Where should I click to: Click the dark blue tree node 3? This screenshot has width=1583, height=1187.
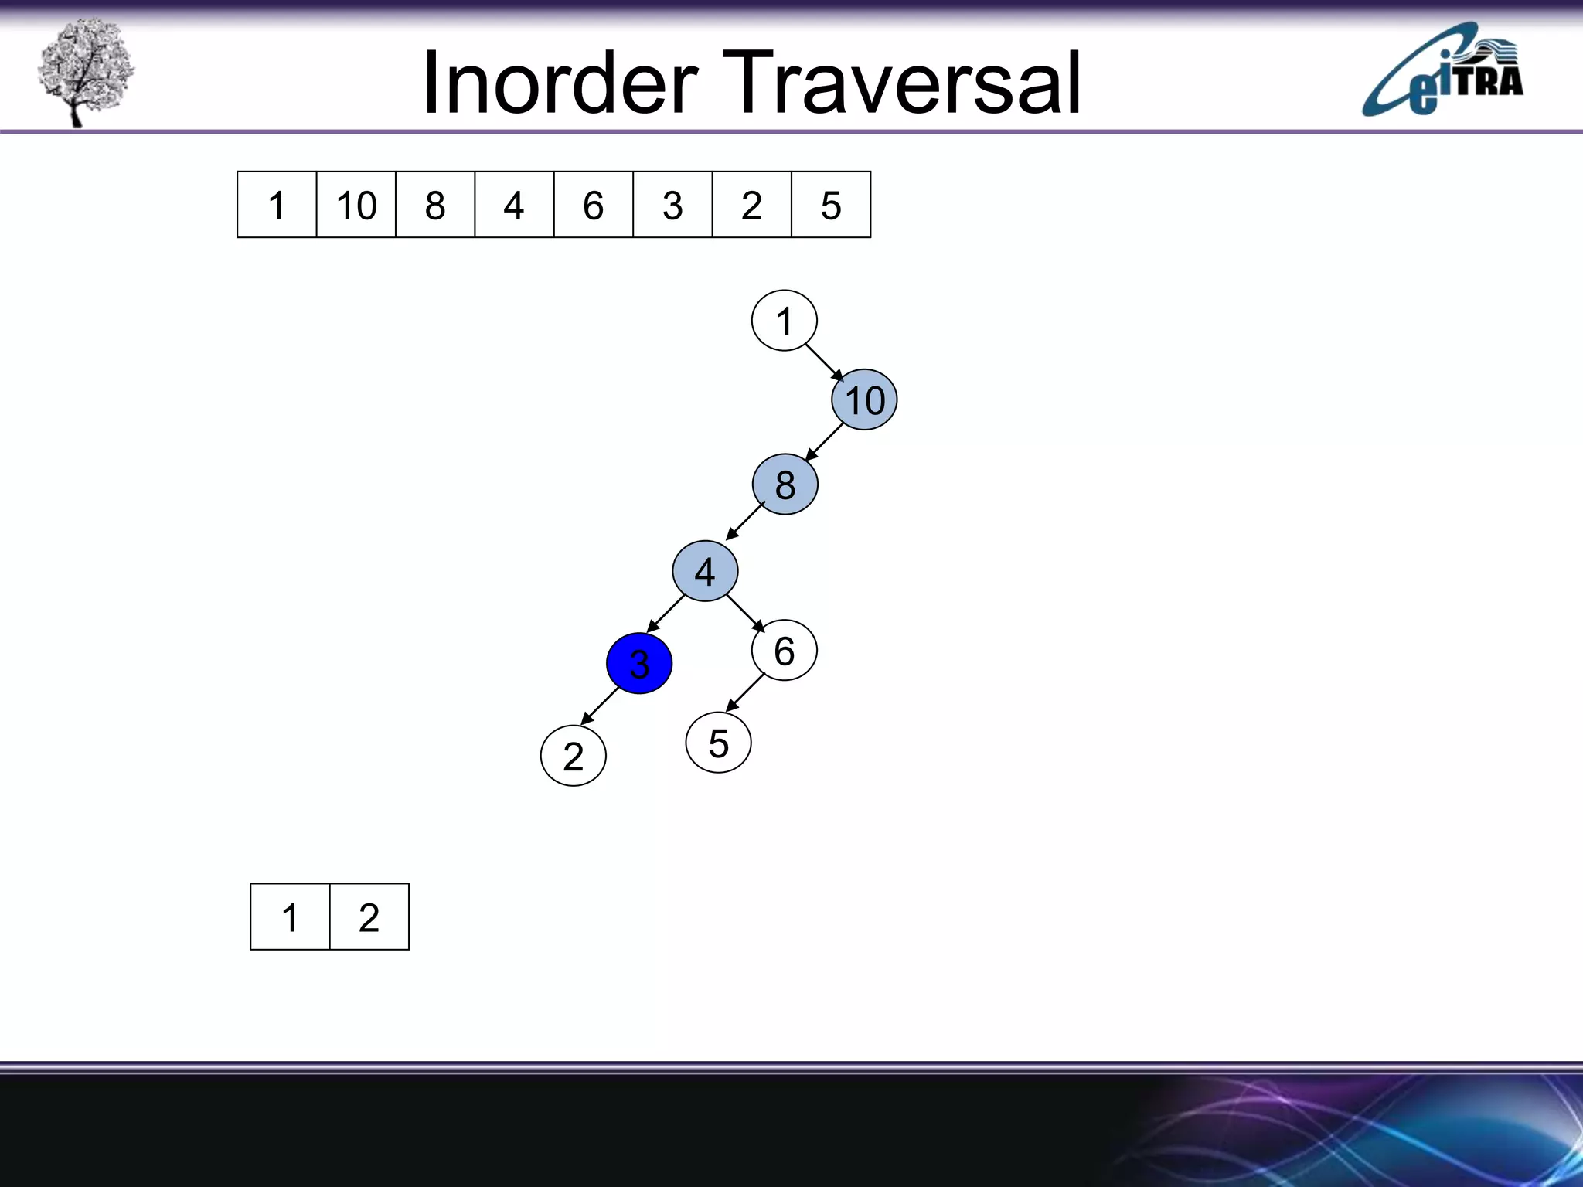(639, 663)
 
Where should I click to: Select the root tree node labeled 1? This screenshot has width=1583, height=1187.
(784, 321)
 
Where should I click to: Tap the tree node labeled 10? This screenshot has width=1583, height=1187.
(864, 400)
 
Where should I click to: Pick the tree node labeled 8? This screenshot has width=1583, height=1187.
(785, 485)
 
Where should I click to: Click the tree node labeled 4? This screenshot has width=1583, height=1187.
(705, 571)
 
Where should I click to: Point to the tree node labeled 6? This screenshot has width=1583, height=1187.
(784, 650)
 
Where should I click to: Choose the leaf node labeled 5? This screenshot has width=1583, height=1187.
(718, 743)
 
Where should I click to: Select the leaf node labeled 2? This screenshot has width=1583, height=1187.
(573, 756)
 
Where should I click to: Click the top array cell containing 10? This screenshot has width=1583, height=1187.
(356, 205)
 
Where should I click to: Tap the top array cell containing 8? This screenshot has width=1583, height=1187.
(435, 205)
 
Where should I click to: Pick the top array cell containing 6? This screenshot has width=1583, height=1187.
(593, 205)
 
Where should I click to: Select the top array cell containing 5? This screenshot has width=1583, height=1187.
(831, 205)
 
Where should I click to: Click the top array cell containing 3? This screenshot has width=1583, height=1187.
(672, 205)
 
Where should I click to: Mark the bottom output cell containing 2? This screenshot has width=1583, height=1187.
(369, 917)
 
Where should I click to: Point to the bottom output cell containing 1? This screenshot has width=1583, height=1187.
(290, 917)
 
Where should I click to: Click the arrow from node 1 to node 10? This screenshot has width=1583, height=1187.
(824, 362)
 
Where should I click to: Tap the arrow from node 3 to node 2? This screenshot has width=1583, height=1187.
(601, 705)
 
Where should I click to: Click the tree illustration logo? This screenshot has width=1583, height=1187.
(85, 71)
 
